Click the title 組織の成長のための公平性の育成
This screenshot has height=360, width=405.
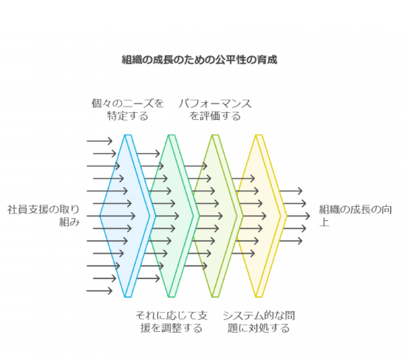(x=200, y=60)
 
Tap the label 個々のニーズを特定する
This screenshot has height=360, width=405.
(x=128, y=109)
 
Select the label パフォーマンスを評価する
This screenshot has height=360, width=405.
(x=215, y=109)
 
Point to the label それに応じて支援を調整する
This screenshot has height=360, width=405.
(x=171, y=322)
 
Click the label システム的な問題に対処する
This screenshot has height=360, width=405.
(x=259, y=322)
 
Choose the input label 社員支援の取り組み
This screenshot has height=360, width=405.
(x=44, y=216)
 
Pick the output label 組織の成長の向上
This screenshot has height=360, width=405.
(x=355, y=216)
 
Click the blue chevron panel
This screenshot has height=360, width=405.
(x=128, y=216)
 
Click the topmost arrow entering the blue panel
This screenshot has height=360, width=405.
(x=100, y=141)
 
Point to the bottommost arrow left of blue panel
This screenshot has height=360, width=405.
(x=100, y=291)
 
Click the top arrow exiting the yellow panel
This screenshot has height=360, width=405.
(x=291, y=191)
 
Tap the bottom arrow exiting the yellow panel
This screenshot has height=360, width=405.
(x=291, y=241)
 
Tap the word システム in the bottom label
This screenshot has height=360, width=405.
(x=239, y=316)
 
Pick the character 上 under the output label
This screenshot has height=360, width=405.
(x=324, y=222)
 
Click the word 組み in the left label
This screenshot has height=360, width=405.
(x=69, y=222)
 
